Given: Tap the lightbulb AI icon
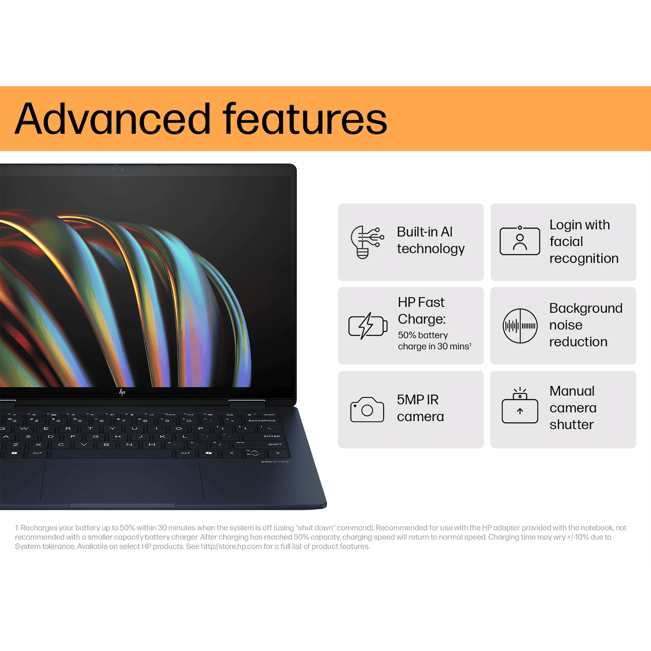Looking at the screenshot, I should click(366, 242).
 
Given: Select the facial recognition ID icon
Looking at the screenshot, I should click(520, 241).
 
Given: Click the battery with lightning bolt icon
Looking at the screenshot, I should click(367, 326).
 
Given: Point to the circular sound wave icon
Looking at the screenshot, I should click(520, 326).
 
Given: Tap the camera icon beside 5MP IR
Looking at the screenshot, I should click(367, 409).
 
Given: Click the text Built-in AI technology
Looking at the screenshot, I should click(430, 240).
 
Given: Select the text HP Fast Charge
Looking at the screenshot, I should click(422, 310).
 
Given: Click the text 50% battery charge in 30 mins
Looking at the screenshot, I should click(434, 341).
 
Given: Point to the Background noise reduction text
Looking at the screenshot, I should click(585, 325).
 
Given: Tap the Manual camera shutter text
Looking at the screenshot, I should click(573, 408).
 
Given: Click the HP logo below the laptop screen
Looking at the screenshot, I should click(122, 392).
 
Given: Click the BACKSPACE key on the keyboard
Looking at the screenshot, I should click(262, 420).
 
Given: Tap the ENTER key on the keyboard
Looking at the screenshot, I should click(271, 436).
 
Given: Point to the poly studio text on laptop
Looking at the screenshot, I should click(275, 461).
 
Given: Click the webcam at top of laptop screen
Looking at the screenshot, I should click(122, 169).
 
